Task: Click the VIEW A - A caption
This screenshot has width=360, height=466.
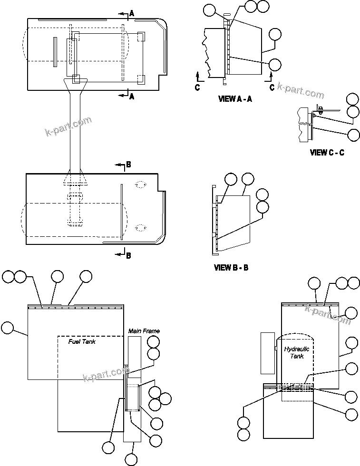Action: pos(234,99)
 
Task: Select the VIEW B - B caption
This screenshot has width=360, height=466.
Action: pos(232,268)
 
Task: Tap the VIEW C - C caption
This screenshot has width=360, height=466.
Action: pos(327,153)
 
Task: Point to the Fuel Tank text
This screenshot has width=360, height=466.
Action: pos(82,342)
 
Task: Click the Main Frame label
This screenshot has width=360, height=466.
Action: pos(144,331)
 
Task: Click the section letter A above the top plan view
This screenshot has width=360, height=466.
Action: pos(132,14)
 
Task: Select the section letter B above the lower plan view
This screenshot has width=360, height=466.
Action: pos(128,165)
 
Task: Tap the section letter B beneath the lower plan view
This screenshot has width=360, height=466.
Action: pos(128,255)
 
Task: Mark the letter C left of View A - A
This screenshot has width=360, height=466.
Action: pos(197,87)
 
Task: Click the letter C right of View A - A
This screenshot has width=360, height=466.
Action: pos(272,87)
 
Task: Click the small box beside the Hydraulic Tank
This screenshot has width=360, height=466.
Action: pos(268,352)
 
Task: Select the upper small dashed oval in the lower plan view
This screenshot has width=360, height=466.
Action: pos(140,185)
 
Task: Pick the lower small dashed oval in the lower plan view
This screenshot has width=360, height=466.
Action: pos(140,228)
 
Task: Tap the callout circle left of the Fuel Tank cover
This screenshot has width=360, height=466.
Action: pos(8,328)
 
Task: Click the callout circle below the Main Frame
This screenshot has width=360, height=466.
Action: pos(131,459)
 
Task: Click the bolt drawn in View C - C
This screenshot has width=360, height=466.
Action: pos(321,109)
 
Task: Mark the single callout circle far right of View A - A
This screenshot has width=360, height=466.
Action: pos(275,34)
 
